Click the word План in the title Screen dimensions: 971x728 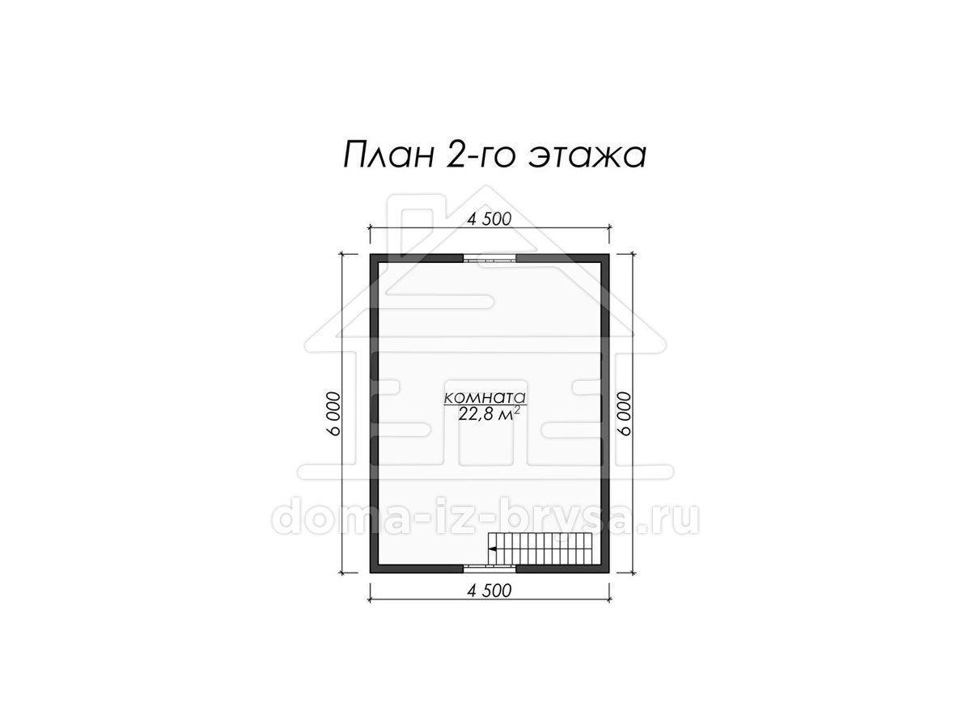388,155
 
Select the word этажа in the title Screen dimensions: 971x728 587,156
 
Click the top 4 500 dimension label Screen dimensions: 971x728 490,218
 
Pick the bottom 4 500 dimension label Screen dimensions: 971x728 490,590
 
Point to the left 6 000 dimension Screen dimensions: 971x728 334,413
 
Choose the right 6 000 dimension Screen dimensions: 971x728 625,413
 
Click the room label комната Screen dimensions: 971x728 485,397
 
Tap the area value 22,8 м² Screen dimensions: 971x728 489,414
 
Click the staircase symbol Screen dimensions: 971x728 540,549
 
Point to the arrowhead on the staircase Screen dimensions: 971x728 491,549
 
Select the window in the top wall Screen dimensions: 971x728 490,258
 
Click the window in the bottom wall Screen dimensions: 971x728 490,569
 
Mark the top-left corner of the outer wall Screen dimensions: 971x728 371,254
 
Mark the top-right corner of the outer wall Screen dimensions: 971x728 609,254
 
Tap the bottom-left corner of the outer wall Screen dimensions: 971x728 371,574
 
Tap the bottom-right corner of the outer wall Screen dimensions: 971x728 609,574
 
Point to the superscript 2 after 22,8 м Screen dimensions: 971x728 517,409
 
